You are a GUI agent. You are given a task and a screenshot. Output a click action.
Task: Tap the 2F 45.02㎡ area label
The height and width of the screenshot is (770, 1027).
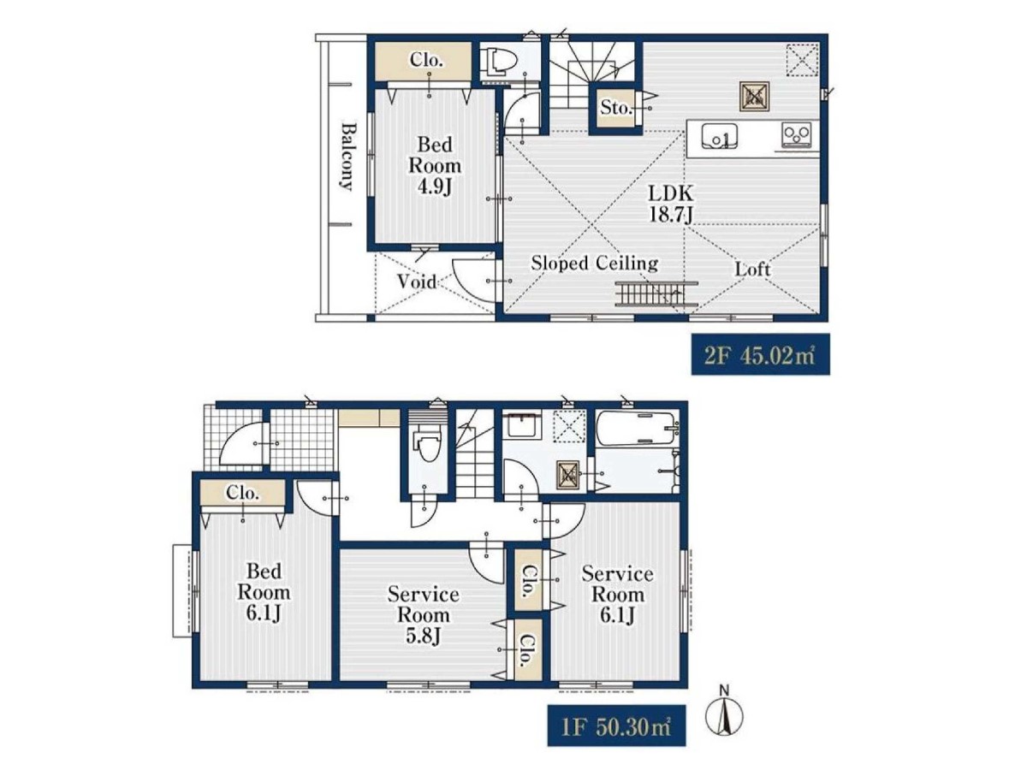760,355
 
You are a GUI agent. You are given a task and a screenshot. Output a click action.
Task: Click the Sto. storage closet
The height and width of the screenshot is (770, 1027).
615,109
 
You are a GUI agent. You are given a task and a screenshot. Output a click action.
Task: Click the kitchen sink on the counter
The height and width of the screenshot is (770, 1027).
719,136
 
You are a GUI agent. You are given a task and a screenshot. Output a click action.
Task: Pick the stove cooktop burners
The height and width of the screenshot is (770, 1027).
796,134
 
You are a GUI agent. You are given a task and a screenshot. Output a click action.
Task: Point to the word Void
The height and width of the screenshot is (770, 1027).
416,282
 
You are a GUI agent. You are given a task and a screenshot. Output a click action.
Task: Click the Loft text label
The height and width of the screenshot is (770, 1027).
752,269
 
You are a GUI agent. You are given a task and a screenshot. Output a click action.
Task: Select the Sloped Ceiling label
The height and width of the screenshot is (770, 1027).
594,264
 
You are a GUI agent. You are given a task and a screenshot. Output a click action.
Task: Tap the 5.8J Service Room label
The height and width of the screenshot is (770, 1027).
423,615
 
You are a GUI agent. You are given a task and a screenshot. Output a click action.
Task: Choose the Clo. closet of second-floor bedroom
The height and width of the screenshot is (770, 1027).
424,62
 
